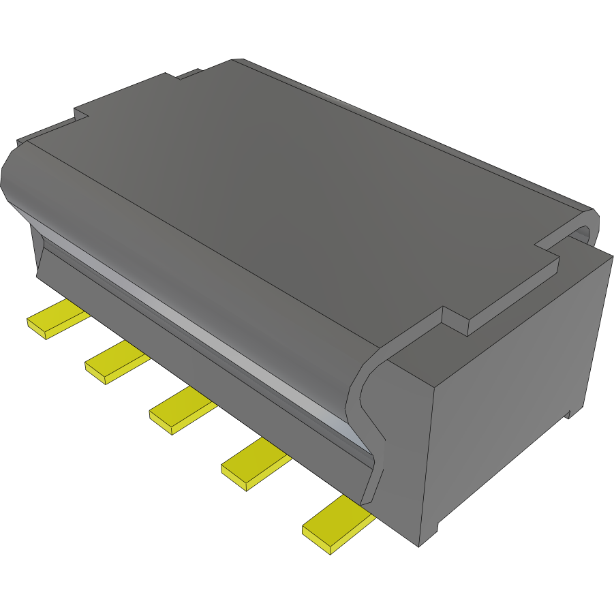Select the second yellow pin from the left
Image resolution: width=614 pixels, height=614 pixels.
(115, 362)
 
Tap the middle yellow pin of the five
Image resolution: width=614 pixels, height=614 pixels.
(181, 410)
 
